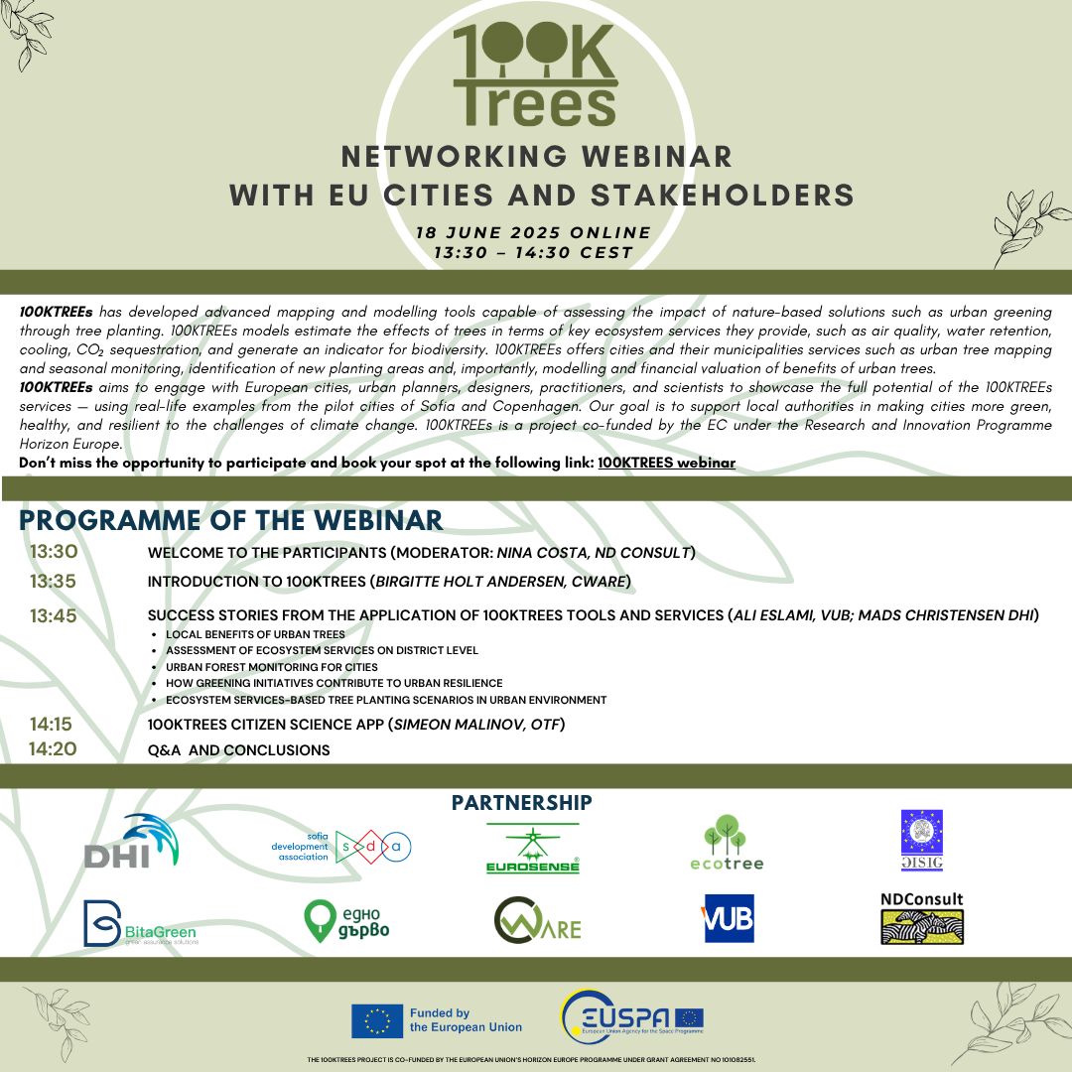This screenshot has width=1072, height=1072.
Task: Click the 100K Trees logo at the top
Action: tap(535, 74)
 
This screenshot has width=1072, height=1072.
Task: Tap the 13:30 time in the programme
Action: tap(54, 553)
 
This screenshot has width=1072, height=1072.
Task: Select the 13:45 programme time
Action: tap(54, 616)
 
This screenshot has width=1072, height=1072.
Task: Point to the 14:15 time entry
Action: tap(52, 725)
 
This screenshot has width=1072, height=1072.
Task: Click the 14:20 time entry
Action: tap(53, 749)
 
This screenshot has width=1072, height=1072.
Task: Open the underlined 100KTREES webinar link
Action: tap(666, 463)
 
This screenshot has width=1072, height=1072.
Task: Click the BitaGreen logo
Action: tap(140, 923)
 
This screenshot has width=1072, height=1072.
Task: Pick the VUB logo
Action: tap(729, 918)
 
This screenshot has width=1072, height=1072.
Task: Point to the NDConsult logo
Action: tap(922, 918)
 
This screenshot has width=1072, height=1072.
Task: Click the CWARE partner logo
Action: tap(537, 920)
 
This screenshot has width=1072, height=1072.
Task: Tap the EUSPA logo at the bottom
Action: tap(631, 1018)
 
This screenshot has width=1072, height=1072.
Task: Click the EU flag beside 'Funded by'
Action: tap(376, 1020)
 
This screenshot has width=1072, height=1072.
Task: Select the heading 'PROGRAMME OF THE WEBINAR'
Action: tap(230, 520)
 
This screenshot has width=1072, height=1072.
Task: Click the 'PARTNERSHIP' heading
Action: tap(521, 802)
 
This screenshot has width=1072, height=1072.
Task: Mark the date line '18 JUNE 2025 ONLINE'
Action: tap(533, 233)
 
